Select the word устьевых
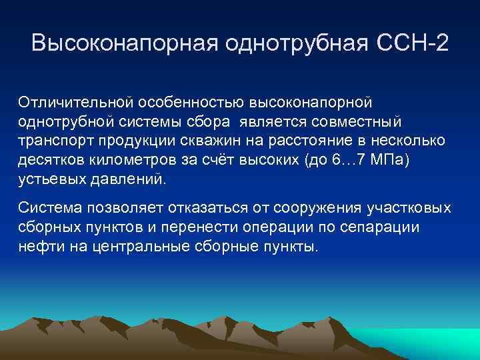49,180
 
